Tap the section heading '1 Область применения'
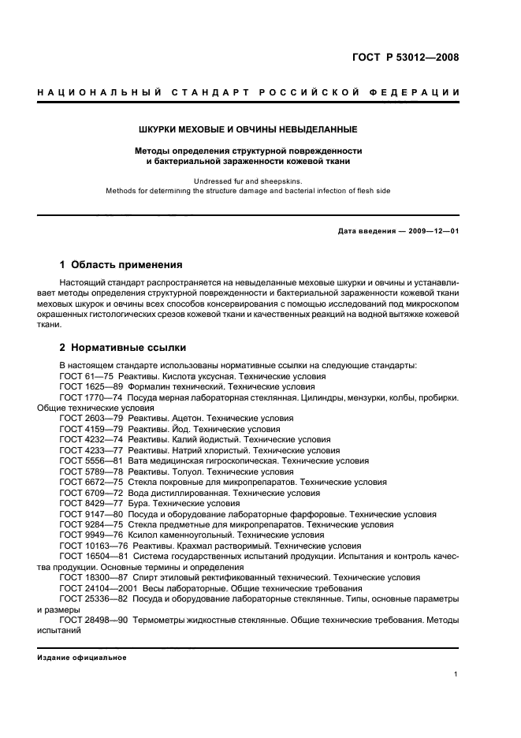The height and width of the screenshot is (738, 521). (121, 265)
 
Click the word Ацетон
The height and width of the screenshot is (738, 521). (186, 419)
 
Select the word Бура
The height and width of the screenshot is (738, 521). (141, 503)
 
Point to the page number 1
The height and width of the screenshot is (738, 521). (456, 674)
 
